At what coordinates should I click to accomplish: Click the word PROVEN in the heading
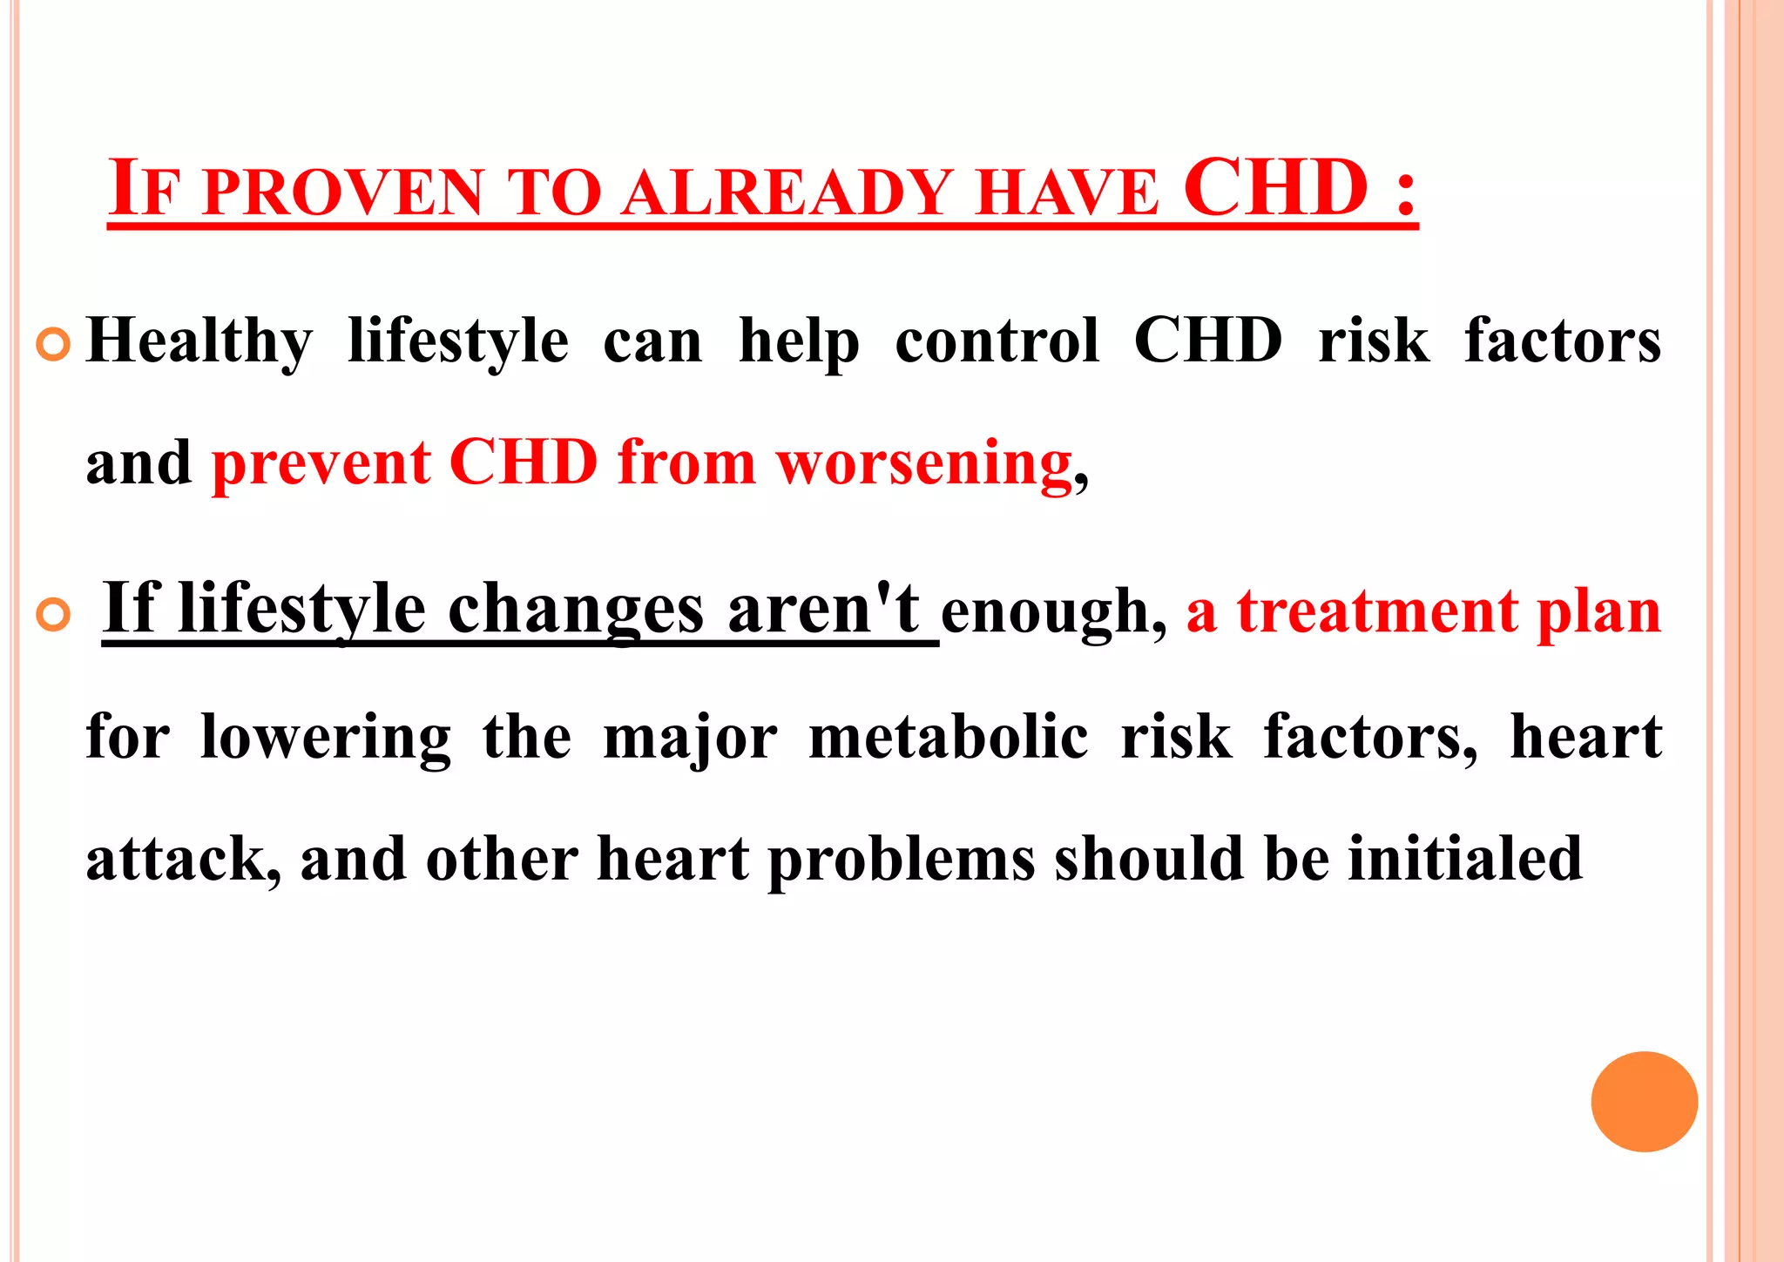coord(342,192)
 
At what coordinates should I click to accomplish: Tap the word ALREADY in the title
coord(788,192)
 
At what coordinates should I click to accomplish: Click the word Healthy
coord(199,341)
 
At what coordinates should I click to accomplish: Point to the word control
coord(997,341)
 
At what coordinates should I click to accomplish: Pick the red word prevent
coord(321,463)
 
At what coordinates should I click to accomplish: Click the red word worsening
coord(924,463)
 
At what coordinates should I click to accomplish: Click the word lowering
coord(326,738)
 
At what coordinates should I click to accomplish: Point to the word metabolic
coord(949,738)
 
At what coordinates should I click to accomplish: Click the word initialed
coord(1465,860)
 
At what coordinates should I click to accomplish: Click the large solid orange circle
coord(1644,1102)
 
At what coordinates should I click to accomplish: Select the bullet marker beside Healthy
coord(53,346)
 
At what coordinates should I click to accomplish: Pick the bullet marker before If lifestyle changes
coord(53,616)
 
